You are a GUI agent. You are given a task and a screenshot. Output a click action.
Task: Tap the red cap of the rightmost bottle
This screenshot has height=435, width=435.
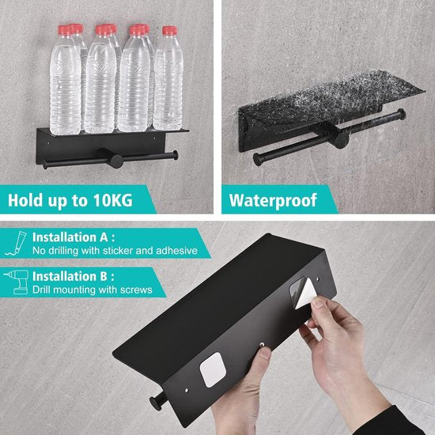tap(169, 31)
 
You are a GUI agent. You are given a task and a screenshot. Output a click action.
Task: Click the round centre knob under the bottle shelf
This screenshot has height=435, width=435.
tap(116, 161)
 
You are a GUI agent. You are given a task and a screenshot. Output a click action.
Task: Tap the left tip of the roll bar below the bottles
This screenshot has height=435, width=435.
tap(44, 163)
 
